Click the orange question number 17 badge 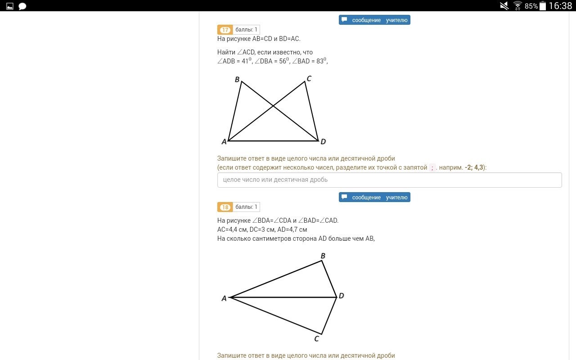pos(225,30)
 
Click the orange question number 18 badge pos(225,207)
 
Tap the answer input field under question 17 pos(389,180)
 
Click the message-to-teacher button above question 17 pos(374,20)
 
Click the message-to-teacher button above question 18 pos(374,197)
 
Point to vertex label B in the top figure pos(237,80)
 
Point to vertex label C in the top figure pos(309,78)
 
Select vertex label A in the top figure pos(224,142)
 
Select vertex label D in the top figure pos(323,141)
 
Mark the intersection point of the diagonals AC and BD pos(273,106)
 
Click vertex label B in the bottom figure pos(323,256)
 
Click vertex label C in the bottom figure pos(316,339)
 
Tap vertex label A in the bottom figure pos(224,298)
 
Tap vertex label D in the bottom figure pos(341,296)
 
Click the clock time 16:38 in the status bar pos(561,6)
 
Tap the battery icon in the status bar pos(543,6)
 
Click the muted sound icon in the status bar pos(504,6)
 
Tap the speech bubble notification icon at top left pos(22,6)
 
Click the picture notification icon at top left pos(10,6)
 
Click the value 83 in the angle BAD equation pos(320,61)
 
